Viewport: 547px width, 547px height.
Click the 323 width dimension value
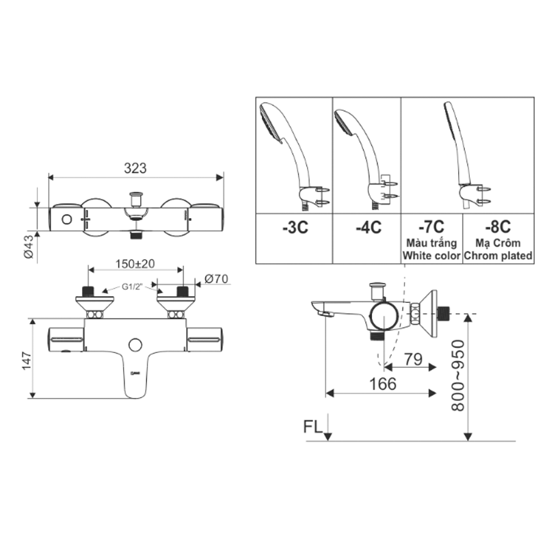(x=137, y=167)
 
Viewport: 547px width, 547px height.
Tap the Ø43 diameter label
(x=28, y=246)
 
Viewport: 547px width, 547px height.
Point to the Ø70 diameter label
(x=216, y=278)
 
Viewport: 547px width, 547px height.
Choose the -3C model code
(x=295, y=228)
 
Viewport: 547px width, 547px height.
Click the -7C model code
(x=431, y=225)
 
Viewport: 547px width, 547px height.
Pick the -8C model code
(x=498, y=225)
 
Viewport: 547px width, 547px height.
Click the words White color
(x=431, y=256)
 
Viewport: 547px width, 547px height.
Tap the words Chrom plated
(x=498, y=256)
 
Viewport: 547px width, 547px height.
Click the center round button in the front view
(x=136, y=346)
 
